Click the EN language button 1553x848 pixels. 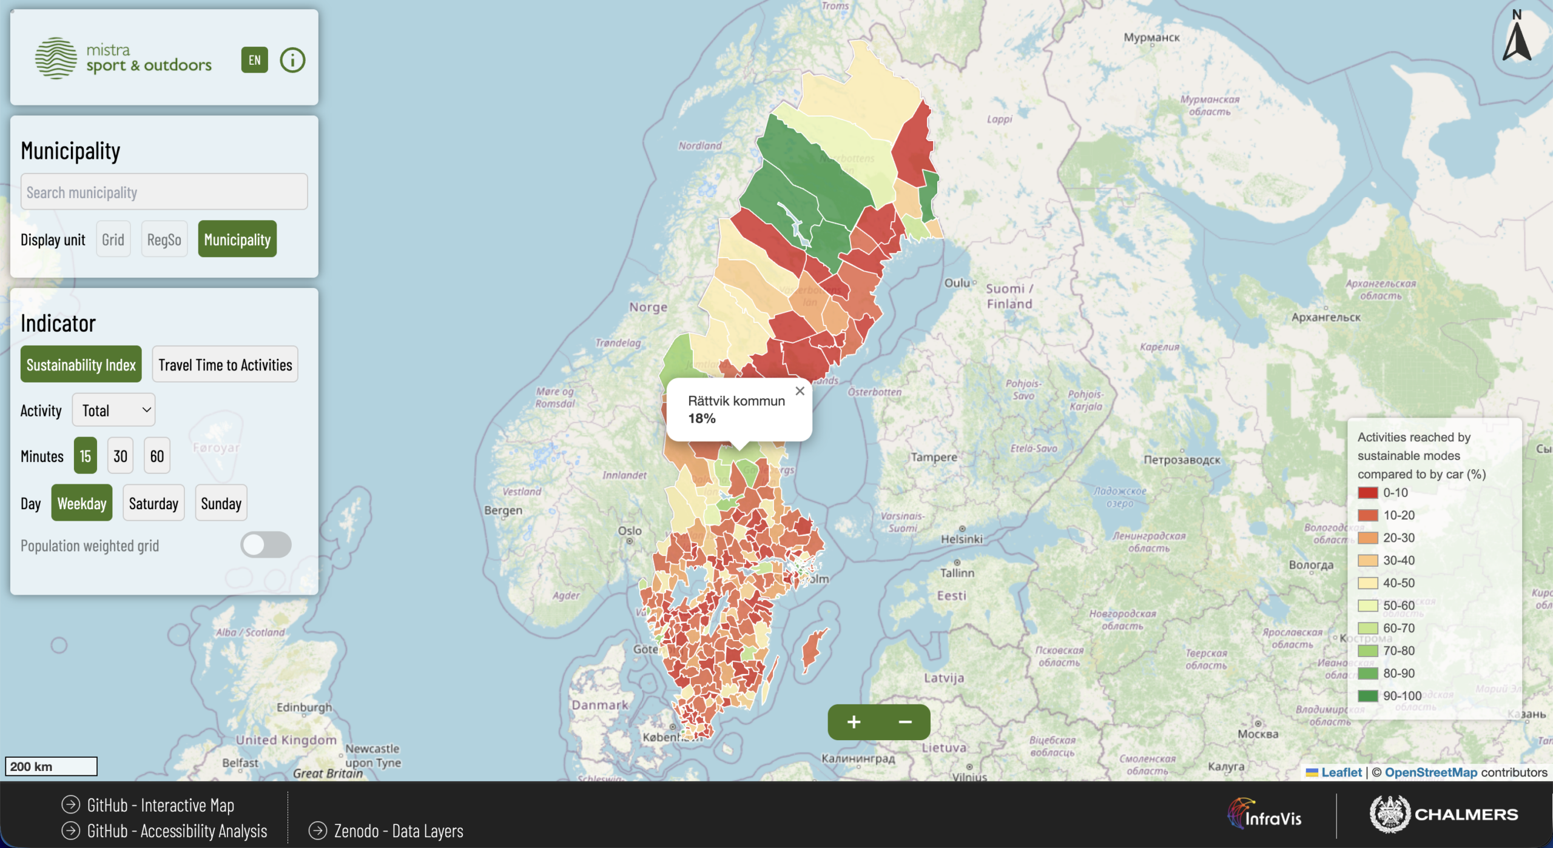tap(254, 60)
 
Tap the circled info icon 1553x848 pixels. tap(292, 60)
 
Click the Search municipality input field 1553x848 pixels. tap(164, 192)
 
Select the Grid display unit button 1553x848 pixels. tap(113, 239)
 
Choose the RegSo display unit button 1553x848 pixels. tap(164, 239)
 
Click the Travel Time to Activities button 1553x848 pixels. tap(225, 364)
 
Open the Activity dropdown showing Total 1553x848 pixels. tap(114, 410)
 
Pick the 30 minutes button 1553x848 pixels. tap(120, 456)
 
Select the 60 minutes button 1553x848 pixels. tap(157, 456)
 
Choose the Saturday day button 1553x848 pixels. tap(153, 503)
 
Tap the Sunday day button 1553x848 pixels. tap(221, 503)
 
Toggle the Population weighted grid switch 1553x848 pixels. tap(266, 545)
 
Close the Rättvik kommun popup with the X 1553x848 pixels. tap(800, 392)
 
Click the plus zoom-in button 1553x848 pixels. tap(854, 722)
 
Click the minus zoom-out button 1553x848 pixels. tap(905, 722)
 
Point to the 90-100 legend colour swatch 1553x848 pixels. tap(1367, 696)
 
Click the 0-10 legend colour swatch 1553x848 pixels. tap(1367, 493)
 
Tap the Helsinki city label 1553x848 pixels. tap(962, 539)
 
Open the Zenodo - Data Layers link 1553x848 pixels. tap(398, 831)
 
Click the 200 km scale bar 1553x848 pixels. tap(51, 767)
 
